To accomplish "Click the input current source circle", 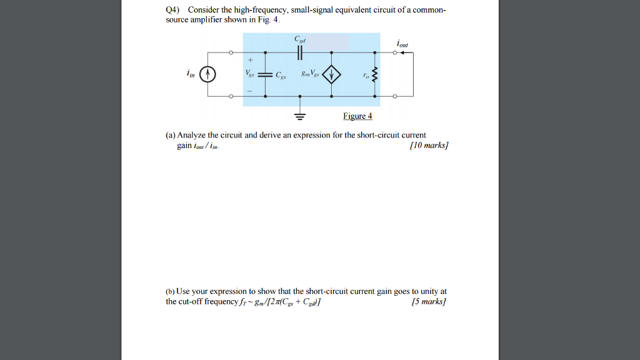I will [x=211, y=76].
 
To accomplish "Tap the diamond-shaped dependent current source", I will [x=331, y=76].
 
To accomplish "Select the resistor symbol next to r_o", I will [x=374, y=76].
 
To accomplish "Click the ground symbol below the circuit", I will [x=300, y=115].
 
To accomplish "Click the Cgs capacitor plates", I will [x=266, y=76].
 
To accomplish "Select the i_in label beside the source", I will [x=190, y=74].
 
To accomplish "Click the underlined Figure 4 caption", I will [x=357, y=116].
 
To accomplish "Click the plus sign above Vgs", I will [x=250, y=61].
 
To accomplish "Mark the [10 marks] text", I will [x=429, y=146].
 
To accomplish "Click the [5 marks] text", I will [x=431, y=302].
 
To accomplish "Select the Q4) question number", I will [x=172, y=10].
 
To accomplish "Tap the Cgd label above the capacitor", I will [x=300, y=39].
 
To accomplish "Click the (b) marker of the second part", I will [x=170, y=292].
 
